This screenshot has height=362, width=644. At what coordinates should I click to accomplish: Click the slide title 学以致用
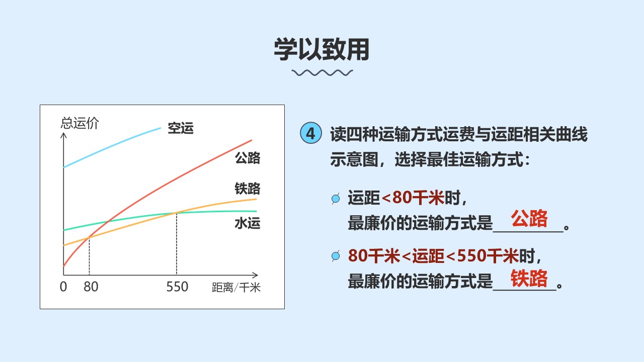321,49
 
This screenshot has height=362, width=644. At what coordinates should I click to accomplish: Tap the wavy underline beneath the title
322,73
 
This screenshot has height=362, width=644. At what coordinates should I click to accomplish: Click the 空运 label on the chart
181,128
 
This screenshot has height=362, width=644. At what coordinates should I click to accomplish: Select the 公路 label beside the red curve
248,158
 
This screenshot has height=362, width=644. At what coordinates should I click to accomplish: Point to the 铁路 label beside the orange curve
248,189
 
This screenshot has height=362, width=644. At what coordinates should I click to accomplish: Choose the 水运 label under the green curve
248,223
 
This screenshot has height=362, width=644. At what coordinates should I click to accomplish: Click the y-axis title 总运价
80,123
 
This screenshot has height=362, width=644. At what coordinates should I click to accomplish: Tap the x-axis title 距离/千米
236,287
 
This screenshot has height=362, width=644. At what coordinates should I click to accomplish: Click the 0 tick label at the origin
63,287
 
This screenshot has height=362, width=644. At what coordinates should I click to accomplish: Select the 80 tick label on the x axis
91,287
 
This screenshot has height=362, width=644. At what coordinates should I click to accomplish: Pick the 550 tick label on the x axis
177,287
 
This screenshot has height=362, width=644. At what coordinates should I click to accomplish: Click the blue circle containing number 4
311,133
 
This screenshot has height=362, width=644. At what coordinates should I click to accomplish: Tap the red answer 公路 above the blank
529,218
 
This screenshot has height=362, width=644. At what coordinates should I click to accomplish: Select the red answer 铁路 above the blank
529,278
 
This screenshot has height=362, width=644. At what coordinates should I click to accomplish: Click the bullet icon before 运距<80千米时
336,198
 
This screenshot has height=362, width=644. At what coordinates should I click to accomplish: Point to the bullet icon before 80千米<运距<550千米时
336,256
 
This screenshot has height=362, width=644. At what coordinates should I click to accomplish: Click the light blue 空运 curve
110,146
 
